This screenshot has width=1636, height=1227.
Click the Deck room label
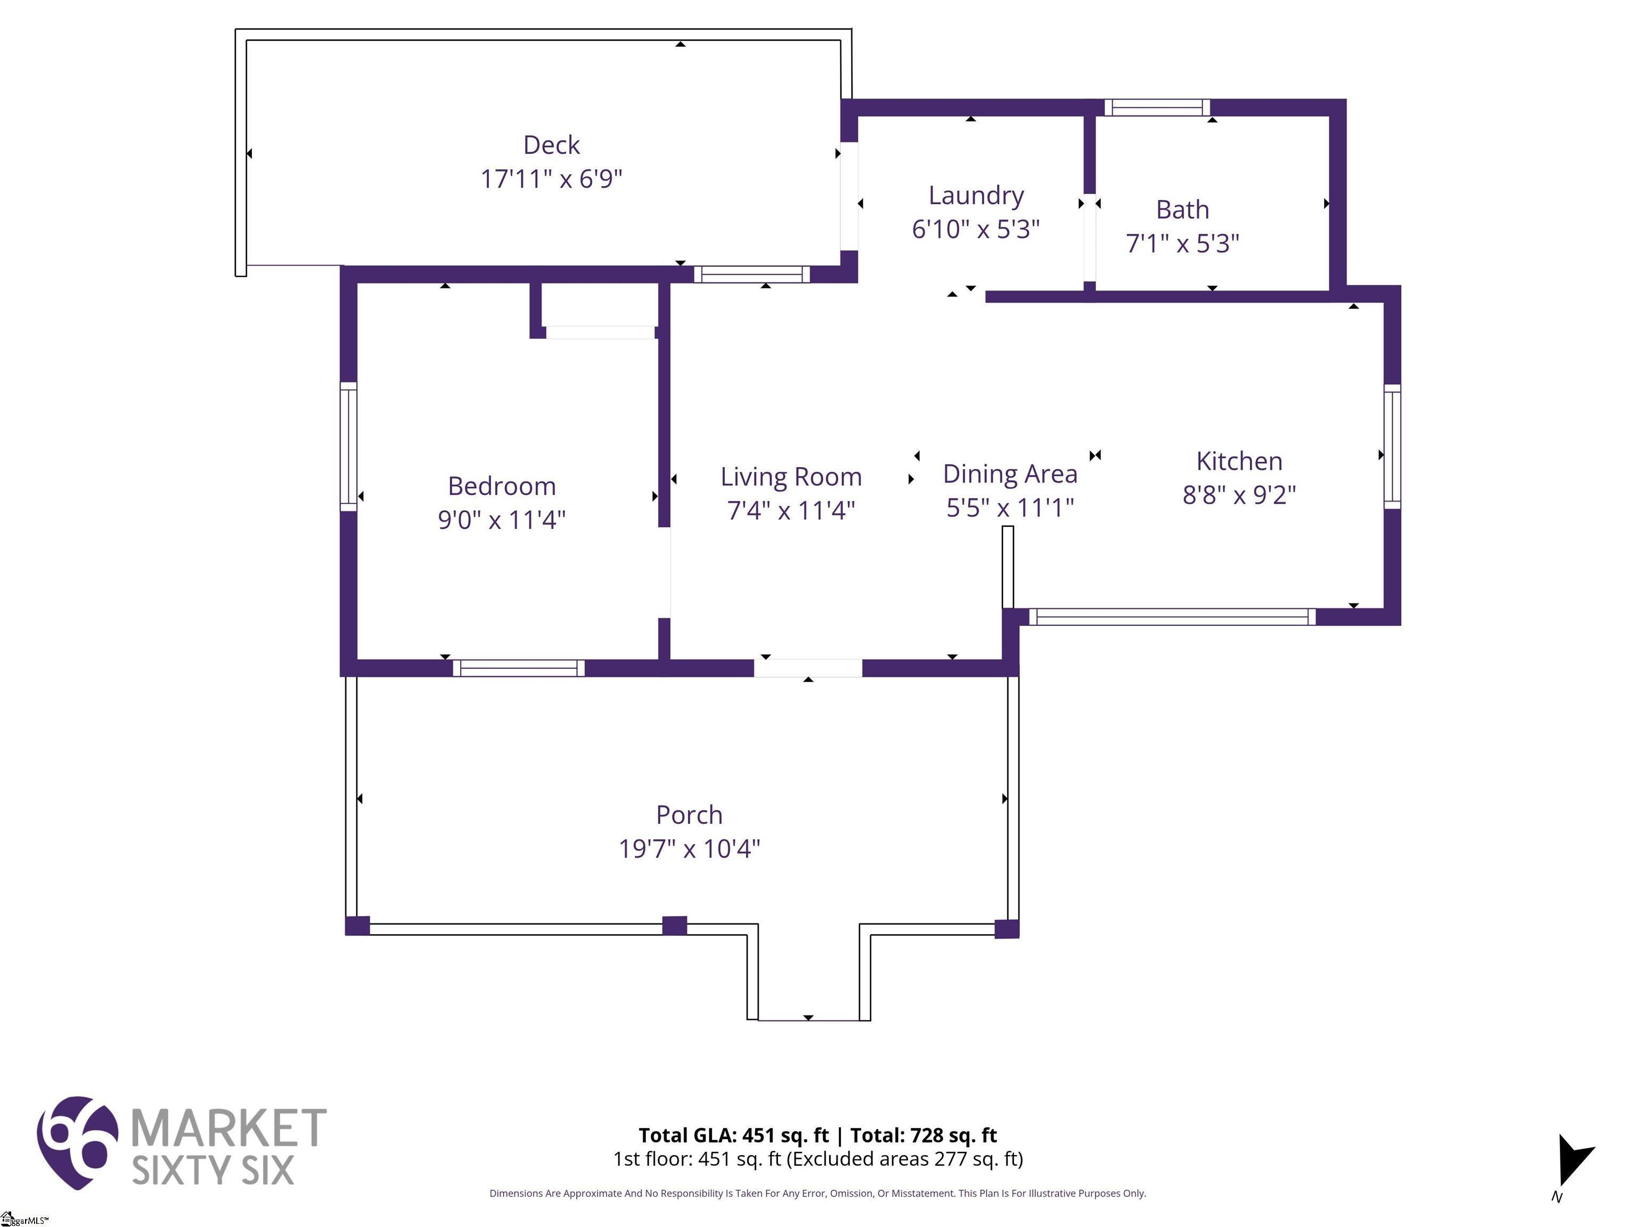(x=551, y=145)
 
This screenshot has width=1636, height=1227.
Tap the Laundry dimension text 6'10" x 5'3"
(x=976, y=230)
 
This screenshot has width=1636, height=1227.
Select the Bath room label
(x=1183, y=209)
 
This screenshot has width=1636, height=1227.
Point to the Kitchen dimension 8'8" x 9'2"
(x=1239, y=495)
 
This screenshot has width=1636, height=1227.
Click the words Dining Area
(x=1010, y=474)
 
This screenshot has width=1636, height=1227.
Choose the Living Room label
(x=791, y=477)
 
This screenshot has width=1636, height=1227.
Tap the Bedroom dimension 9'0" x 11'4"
(x=502, y=519)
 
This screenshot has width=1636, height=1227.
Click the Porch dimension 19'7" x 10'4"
(x=689, y=848)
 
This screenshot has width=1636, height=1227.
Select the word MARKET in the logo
(x=228, y=1128)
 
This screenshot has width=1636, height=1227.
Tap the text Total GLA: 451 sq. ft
(x=734, y=1135)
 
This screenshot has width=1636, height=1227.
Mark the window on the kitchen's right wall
(x=1392, y=447)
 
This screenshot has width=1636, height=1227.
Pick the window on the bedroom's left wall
(x=348, y=447)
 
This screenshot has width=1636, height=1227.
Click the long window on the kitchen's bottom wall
(x=1172, y=617)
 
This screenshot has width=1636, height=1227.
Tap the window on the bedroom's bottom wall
(x=519, y=668)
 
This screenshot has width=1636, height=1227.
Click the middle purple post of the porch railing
(x=675, y=925)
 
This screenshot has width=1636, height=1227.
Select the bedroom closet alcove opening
(x=600, y=333)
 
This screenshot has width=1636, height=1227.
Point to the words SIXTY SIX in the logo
(x=213, y=1170)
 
